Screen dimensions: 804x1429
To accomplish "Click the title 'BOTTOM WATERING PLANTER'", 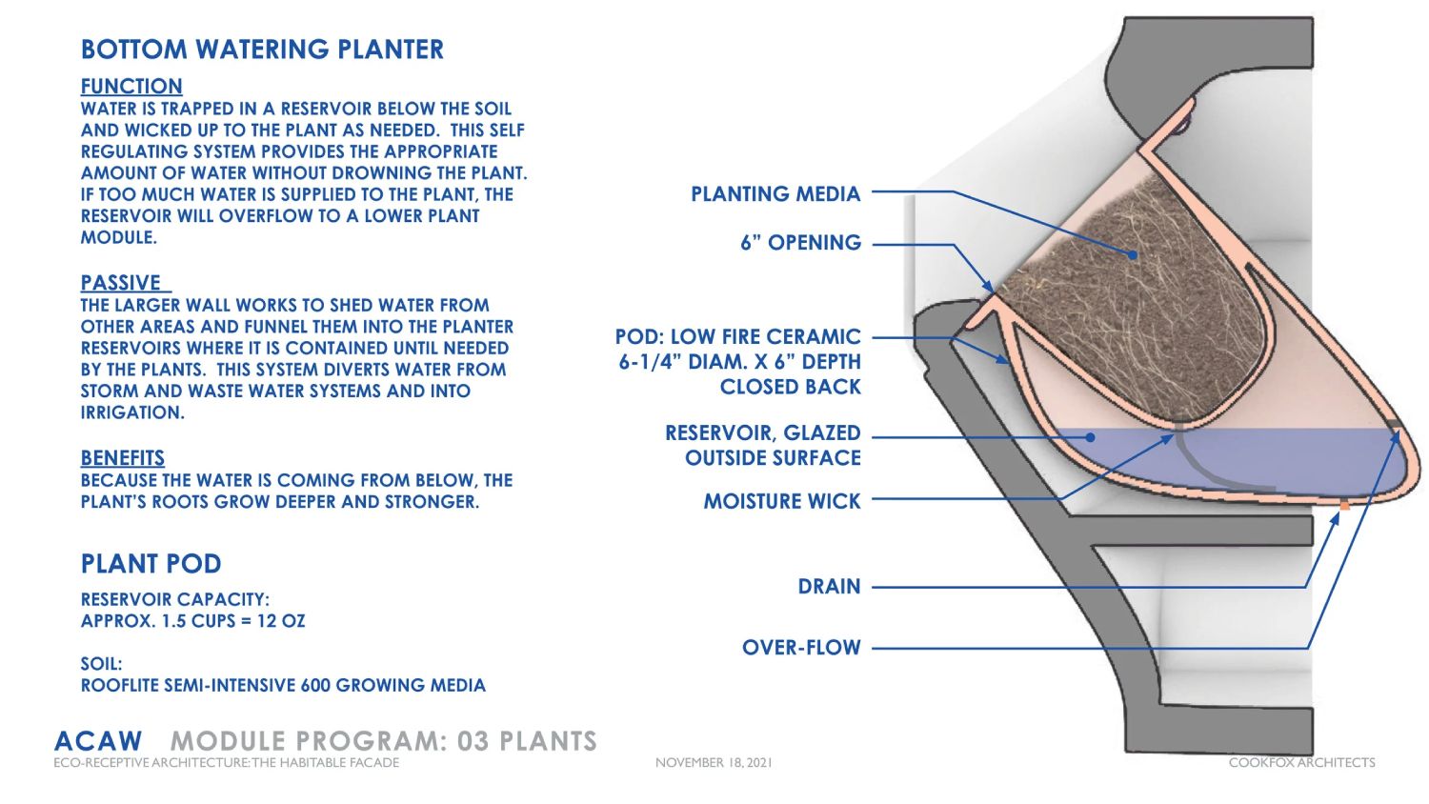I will (262, 50).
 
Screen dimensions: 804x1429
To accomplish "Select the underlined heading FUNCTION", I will (131, 86).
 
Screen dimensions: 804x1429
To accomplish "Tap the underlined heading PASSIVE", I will (121, 283).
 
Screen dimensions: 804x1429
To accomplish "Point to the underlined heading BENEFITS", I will (123, 458).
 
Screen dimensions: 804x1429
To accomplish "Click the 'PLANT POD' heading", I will (151, 564).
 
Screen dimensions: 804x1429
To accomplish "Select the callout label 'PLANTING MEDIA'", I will (775, 194).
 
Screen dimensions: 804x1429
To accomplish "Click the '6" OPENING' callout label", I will (800, 243).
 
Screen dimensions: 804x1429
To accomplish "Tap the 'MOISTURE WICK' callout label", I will (781, 501).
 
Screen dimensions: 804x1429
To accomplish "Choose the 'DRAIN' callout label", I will (829, 587).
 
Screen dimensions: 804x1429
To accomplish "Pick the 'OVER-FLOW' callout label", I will (801, 648).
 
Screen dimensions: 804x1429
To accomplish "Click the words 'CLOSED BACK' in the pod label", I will (790, 387).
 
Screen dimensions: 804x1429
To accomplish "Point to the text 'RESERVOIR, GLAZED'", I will (762, 433).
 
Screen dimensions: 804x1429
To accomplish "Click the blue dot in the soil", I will (1133, 255).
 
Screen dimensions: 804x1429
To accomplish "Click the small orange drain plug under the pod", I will (1344, 506).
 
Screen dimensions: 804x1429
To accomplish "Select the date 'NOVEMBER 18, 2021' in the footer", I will (714, 763).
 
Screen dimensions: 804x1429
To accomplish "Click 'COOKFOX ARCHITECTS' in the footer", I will (1301, 763).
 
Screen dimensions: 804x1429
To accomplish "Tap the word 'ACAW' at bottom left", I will (98, 741).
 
